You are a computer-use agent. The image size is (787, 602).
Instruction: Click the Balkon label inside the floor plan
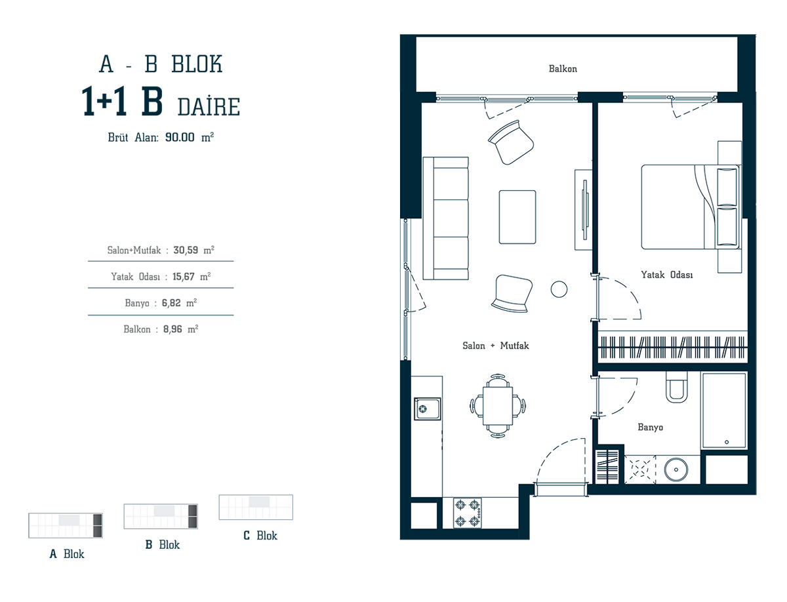[x=563, y=68]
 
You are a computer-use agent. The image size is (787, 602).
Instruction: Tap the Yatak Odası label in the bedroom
[x=666, y=275]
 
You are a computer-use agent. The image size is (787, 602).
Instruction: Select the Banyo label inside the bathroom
[x=650, y=427]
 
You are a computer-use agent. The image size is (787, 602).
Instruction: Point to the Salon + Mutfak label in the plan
[x=496, y=346]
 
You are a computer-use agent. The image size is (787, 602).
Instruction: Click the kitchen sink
[x=428, y=409]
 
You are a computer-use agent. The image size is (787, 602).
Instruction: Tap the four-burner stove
[x=468, y=512]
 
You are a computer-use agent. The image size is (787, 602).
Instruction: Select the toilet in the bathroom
[x=677, y=387]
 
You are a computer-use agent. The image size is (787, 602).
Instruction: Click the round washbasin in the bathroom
[x=676, y=470]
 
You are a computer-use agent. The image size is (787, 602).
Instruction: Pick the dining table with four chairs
[x=498, y=406]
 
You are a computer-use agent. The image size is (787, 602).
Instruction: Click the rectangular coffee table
[x=517, y=217]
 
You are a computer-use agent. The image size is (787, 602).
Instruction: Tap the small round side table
[x=559, y=289]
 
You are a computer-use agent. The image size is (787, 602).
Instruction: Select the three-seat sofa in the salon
[x=446, y=218]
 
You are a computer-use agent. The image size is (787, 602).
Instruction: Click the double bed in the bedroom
[x=691, y=207]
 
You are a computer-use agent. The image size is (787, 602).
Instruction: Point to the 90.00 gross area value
[x=180, y=137]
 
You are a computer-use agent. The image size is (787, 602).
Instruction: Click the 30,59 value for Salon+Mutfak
[x=186, y=250]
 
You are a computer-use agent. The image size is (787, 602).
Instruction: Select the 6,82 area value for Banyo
[x=171, y=303]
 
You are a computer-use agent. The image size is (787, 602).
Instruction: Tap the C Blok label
[x=260, y=535]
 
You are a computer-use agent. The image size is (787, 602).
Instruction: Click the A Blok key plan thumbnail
[x=66, y=525]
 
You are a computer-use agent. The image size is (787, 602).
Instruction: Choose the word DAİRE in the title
[x=209, y=107]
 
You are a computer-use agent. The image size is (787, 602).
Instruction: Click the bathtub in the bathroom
[x=724, y=411]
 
